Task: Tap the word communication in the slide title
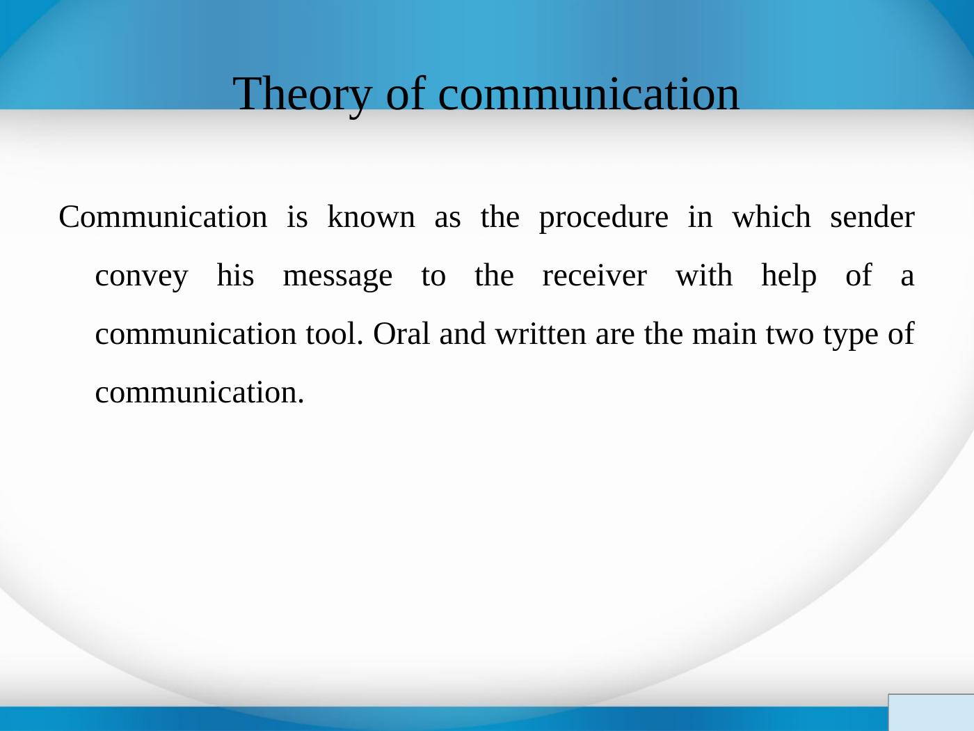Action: tap(589, 93)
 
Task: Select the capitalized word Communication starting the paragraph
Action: tap(163, 217)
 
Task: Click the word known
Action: tap(371, 217)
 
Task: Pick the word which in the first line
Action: tap(772, 217)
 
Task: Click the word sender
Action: tap(872, 217)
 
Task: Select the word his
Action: tap(235, 275)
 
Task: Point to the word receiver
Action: tap(595, 276)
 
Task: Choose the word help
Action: tap(789, 277)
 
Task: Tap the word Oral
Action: tap(401, 333)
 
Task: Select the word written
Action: tap(541, 334)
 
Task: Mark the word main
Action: tap(724, 334)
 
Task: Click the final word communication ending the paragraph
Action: tap(200, 393)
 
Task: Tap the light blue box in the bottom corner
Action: tap(932, 712)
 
